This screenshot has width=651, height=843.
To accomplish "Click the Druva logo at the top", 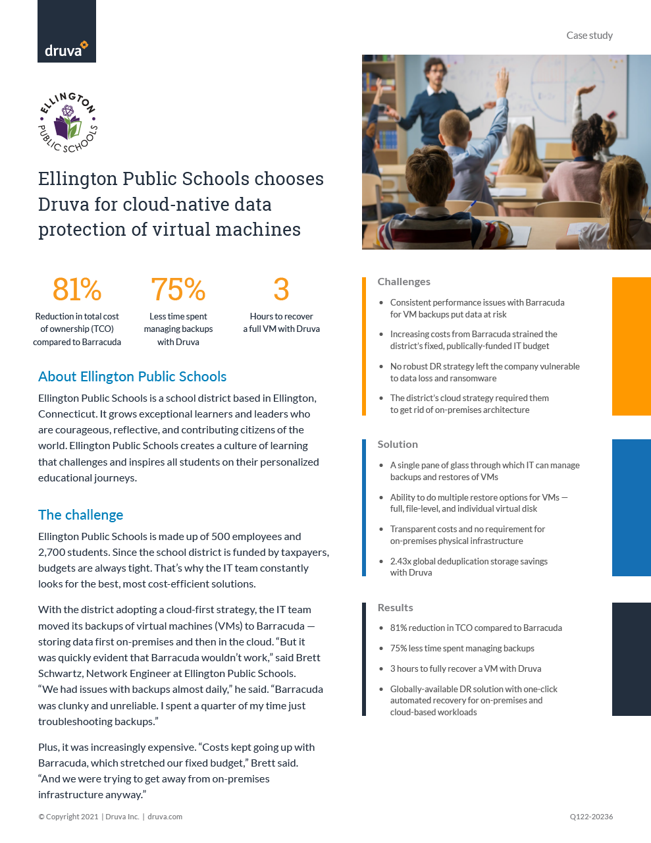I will (x=66, y=49).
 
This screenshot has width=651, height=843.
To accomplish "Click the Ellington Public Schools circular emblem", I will (x=68, y=123).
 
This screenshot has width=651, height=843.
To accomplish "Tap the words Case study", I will (x=589, y=36).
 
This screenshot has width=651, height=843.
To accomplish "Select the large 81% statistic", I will (x=77, y=290).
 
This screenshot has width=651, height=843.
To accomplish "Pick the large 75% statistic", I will (x=178, y=290).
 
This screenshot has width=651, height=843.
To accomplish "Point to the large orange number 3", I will (x=281, y=290).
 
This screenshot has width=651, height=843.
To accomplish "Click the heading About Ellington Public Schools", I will (x=132, y=377).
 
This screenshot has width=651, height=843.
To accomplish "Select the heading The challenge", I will (x=81, y=515).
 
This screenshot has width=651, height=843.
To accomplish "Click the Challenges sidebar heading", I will (x=404, y=282).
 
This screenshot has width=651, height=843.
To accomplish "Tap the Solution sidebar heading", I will (x=398, y=445).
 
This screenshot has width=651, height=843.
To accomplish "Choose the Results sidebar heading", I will (x=395, y=608).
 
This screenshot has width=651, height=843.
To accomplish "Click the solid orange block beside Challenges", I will (x=631, y=346).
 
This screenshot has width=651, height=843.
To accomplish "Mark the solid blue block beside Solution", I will (x=631, y=508).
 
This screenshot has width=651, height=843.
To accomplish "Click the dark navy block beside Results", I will (x=631, y=659).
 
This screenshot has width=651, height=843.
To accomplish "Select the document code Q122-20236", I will (x=591, y=817).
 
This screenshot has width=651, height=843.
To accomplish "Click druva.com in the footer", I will (x=165, y=817).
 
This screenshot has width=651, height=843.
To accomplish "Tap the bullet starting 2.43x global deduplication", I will (x=469, y=567).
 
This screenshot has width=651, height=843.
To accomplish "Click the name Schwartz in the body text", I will (x=61, y=674).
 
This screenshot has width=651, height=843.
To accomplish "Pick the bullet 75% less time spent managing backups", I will (x=462, y=649).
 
